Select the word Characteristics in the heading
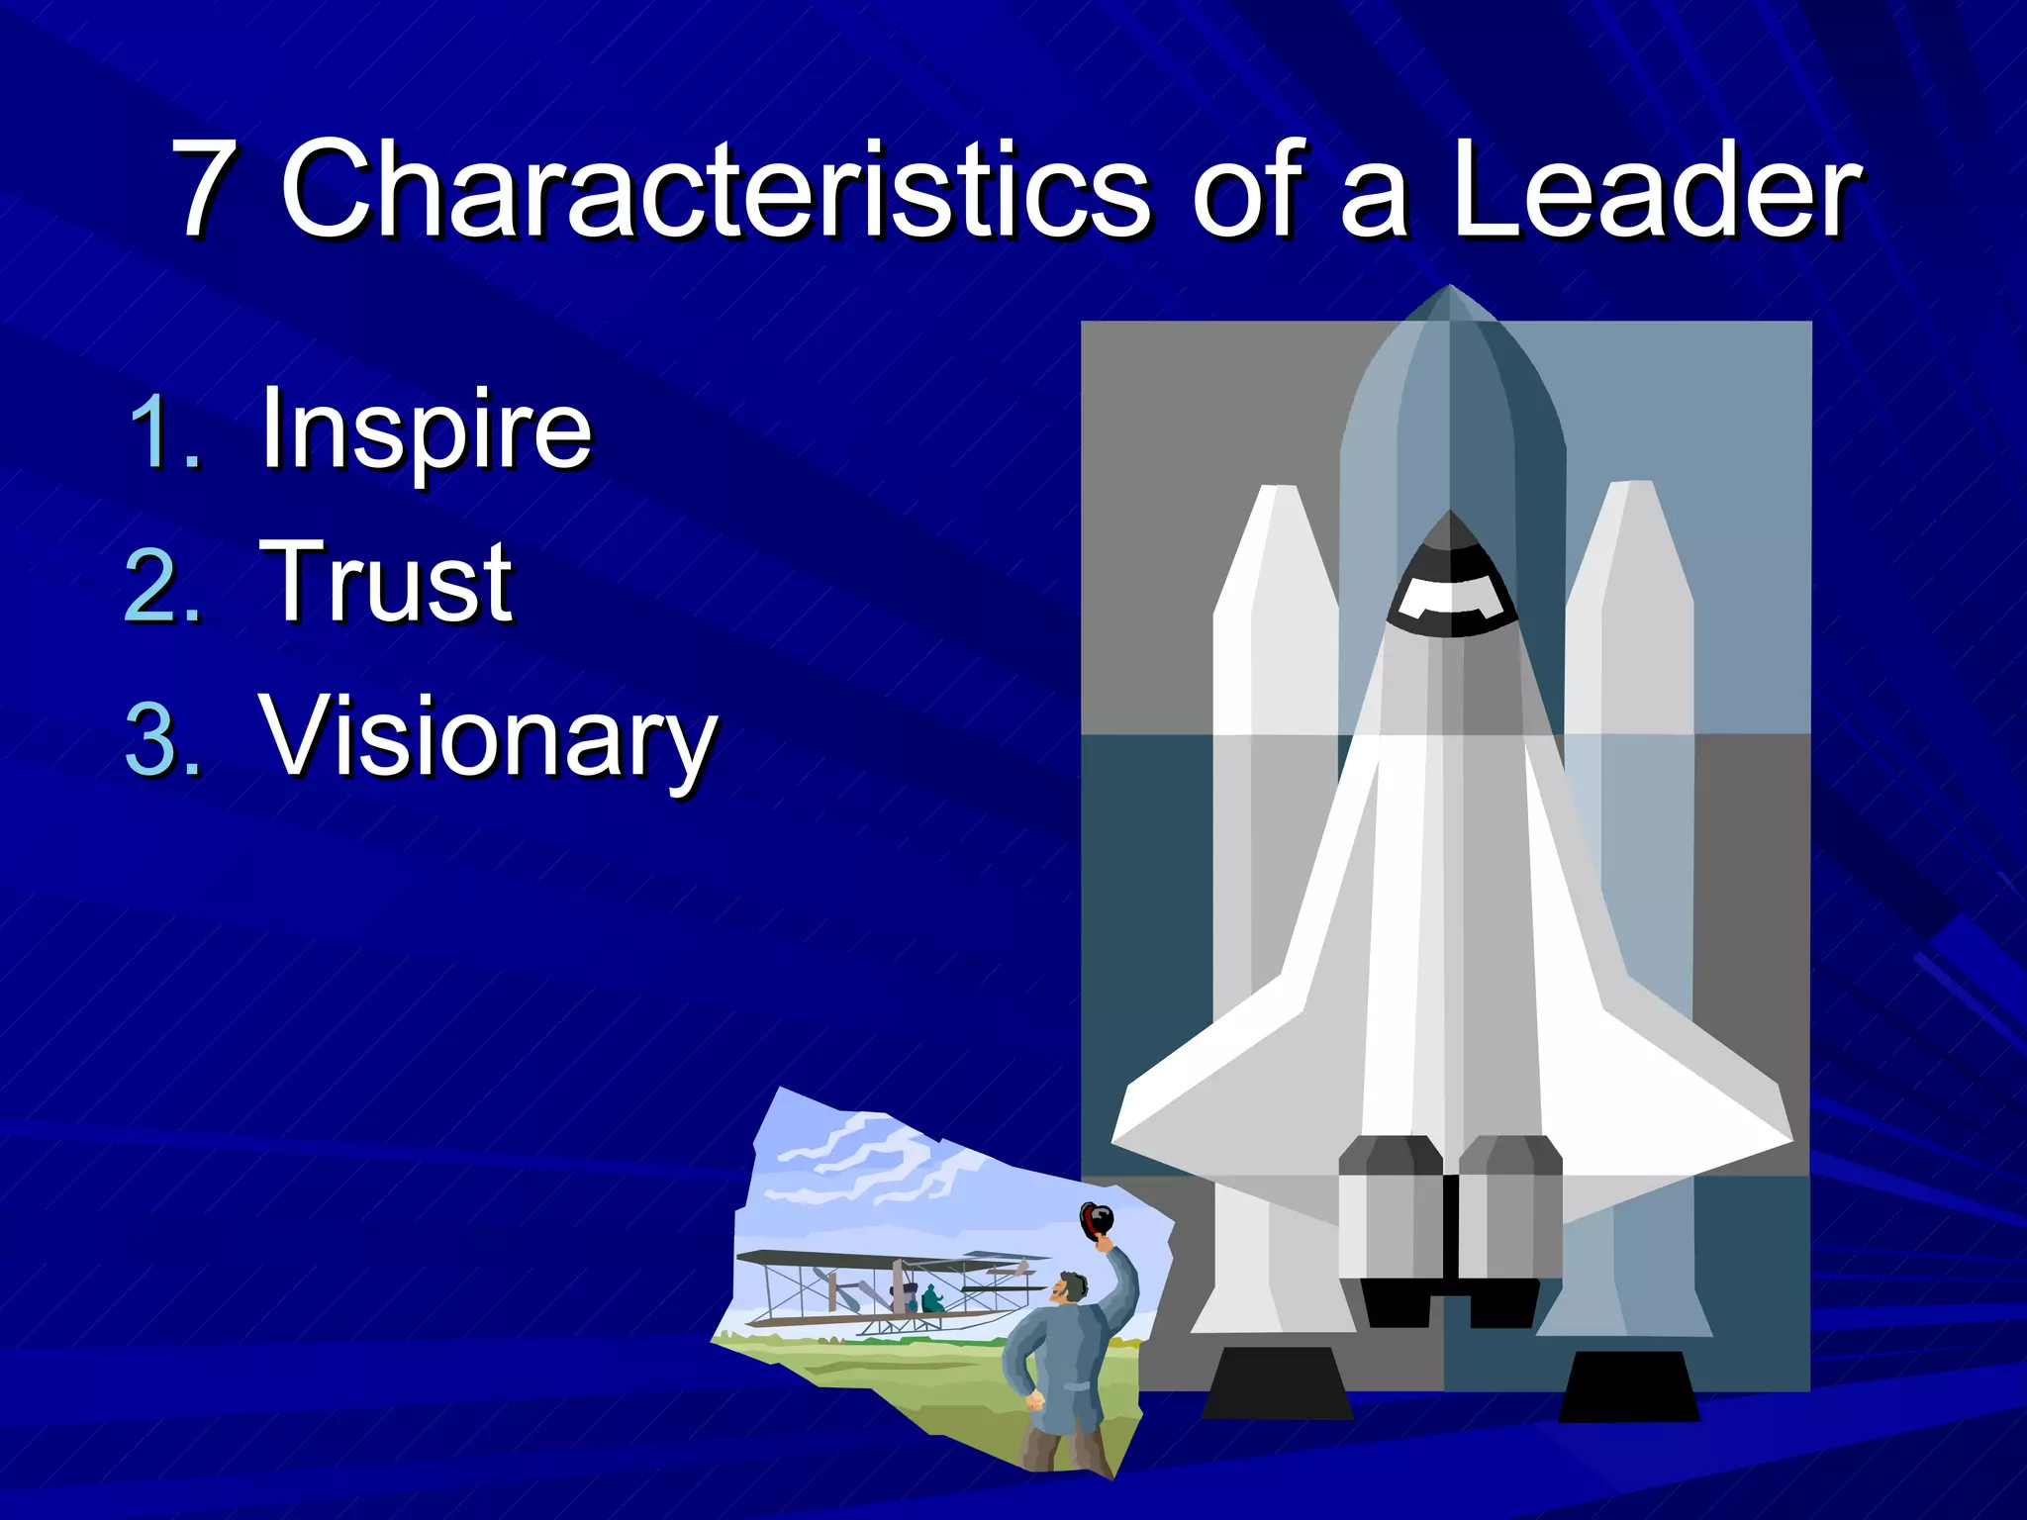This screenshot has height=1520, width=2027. pos(715,188)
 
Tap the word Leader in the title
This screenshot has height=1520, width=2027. pos(1655,188)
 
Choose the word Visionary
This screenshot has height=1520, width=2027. pos(487,737)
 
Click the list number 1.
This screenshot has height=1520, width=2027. pos(164,431)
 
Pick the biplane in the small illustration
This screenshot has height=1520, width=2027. pos(891,1291)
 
